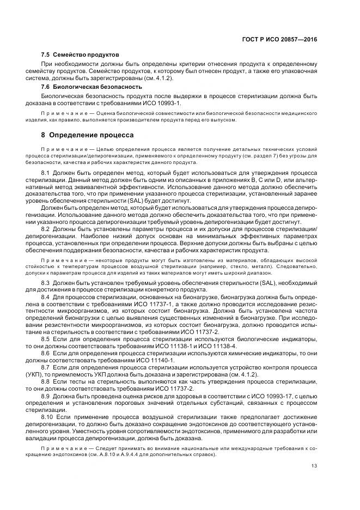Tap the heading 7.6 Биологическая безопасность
[x=84, y=87]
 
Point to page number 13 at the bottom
[x=314, y=481]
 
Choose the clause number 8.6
[x=46, y=354]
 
